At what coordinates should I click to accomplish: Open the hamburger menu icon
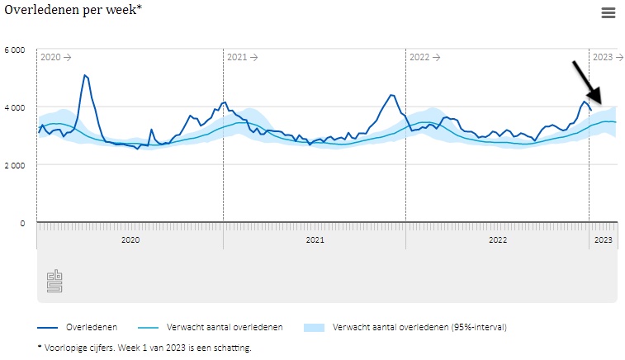click(x=608, y=12)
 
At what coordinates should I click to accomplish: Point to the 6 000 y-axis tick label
click(x=15, y=50)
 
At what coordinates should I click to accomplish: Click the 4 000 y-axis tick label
click(x=15, y=107)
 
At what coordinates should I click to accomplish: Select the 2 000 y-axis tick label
click(x=15, y=165)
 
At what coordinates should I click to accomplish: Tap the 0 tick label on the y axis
click(x=23, y=223)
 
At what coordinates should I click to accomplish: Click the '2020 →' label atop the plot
click(x=56, y=57)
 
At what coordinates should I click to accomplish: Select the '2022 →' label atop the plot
click(x=425, y=57)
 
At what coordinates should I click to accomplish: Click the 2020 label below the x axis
click(x=130, y=240)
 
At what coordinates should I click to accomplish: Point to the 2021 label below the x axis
click(x=315, y=240)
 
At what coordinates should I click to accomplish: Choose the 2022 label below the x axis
click(x=497, y=240)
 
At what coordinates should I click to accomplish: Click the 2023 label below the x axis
click(x=604, y=240)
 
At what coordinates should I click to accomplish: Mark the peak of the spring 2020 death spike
click(x=85, y=75)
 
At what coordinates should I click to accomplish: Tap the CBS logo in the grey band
click(x=54, y=281)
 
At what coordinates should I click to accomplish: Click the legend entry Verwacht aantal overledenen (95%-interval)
click(x=419, y=327)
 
